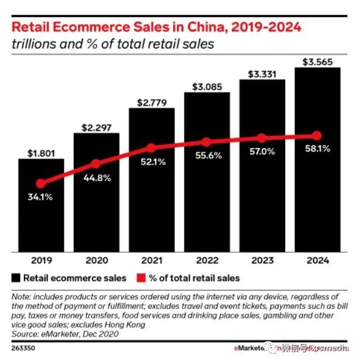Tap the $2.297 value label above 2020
point(96,126)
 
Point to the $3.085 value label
point(207,87)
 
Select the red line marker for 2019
point(40,183)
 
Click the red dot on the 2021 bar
point(151,148)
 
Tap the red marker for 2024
point(317,135)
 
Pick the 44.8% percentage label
point(96,177)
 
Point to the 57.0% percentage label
point(262,152)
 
